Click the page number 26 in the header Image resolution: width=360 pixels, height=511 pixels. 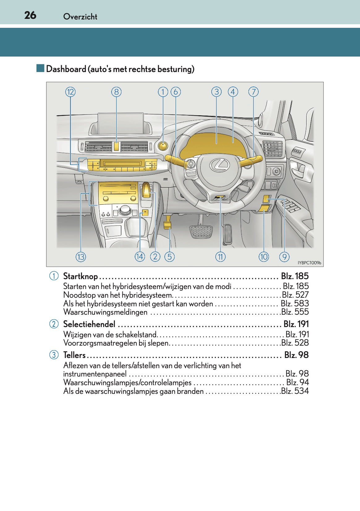click(x=30, y=15)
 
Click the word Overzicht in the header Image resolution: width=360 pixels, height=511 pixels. click(x=80, y=17)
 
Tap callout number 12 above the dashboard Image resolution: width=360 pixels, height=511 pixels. click(x=70, y=92)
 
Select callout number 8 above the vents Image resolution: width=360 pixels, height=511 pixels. click(x=116, y=92)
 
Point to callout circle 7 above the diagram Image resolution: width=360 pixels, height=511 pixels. click(x=253, y=92)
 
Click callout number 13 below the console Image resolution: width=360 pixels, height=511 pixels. click(x=81, y=257)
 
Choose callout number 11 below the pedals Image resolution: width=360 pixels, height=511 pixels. click(x=220, y=257)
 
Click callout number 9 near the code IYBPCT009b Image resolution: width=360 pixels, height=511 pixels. click(x=284, y=257)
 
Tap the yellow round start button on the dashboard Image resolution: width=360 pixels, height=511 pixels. click(x=162, y=146)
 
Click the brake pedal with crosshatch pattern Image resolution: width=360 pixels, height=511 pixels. click(x=201, y=231)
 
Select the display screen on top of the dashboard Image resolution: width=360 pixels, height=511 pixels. click(x=121, y=123)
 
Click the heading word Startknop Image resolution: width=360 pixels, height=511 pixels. click(x=80, y=276)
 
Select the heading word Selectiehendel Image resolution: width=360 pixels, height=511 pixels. click(x=89, y=324)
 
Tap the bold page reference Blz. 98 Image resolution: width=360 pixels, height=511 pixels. click(x=296, y=355)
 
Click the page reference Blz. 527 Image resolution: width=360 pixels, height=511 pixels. click(x=295, y=295)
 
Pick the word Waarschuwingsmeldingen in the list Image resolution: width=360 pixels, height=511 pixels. click(x=105, y=312)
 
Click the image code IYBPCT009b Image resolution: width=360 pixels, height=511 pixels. click(x=309, y=263)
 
